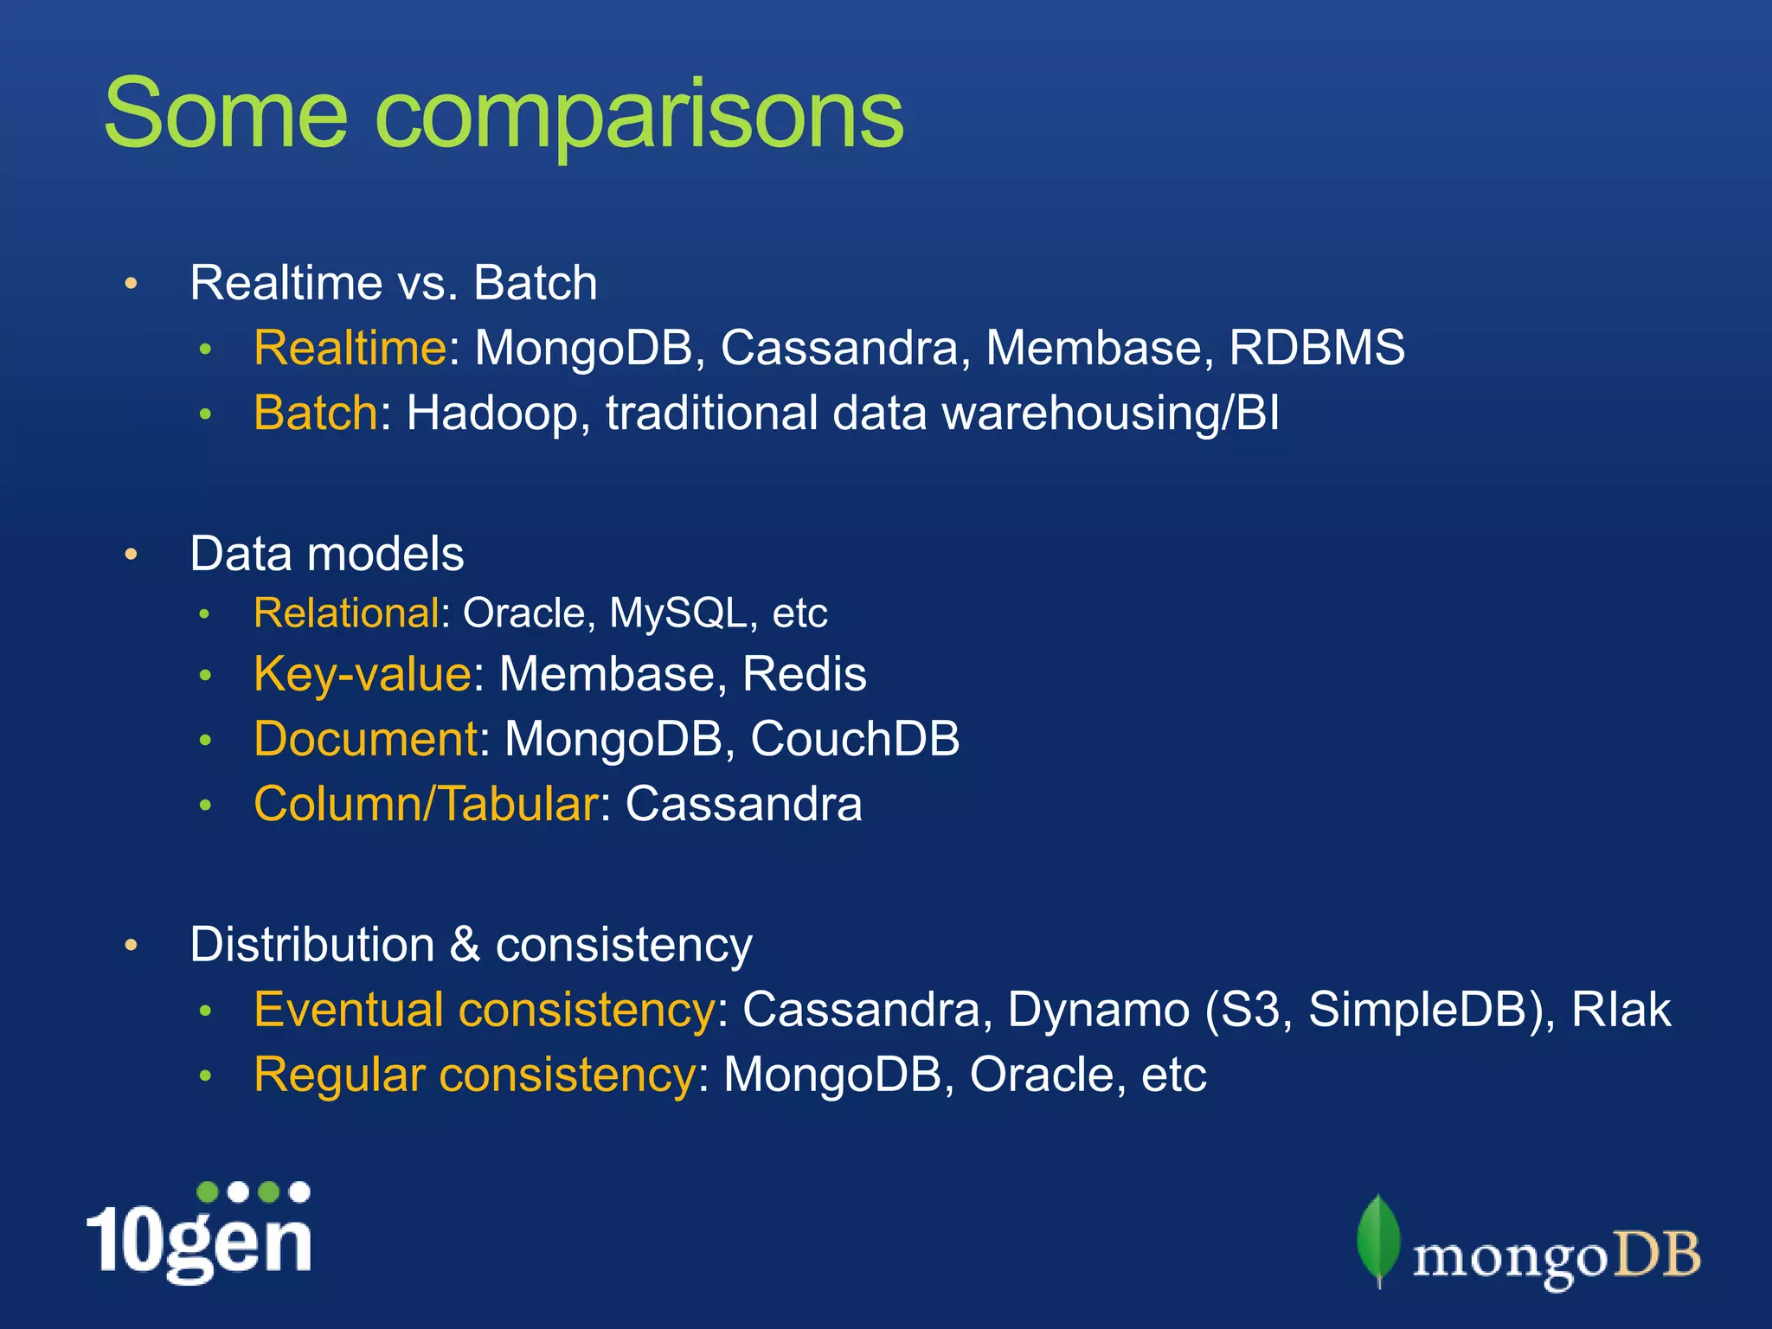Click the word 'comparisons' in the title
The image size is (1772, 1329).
click(x=639, y=117)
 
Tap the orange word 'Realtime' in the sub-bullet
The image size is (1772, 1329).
click(x=350, y=348)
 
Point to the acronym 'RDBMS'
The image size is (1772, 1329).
click(x=1316, y=348)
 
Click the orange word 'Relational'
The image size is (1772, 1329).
click(x=346, y=613)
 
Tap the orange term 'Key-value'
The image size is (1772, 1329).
click(x=363, y=674)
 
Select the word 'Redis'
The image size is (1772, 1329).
click(x=804, y=674)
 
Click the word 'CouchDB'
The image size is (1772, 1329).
click(x=855, y=739)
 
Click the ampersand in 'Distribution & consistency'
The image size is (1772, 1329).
click(x=465, y=944)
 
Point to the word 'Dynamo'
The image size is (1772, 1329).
click(x=1098, y=1010)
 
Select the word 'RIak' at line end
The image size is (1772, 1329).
click(x=1621, y=1010)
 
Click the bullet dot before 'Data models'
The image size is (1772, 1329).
click(x=132, y=555)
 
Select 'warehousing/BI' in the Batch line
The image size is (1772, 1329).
click(x=1110, y=413)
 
